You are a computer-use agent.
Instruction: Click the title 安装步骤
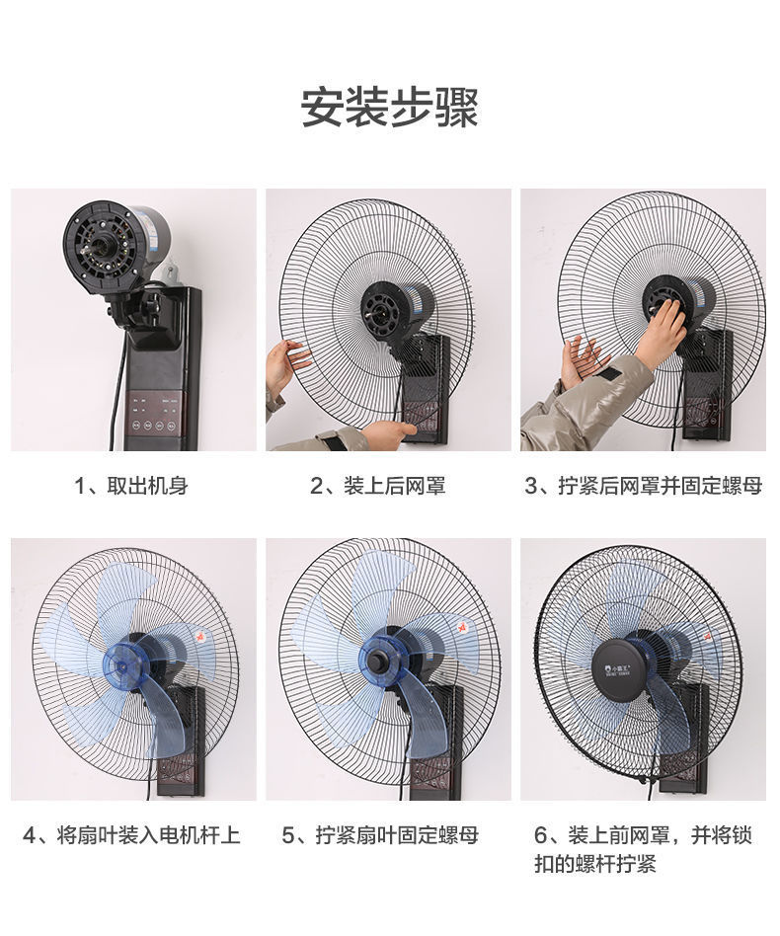389,108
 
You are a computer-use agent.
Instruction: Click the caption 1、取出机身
131,485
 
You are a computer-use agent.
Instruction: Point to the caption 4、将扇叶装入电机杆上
131,835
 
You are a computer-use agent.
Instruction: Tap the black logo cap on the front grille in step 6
624,665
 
